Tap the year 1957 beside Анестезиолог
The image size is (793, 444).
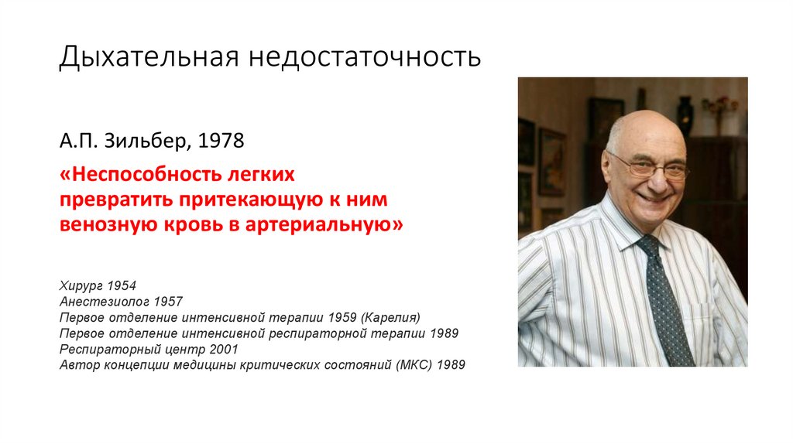(x=168, y=302)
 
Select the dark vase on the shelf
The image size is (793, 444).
(x=685, y=116)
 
